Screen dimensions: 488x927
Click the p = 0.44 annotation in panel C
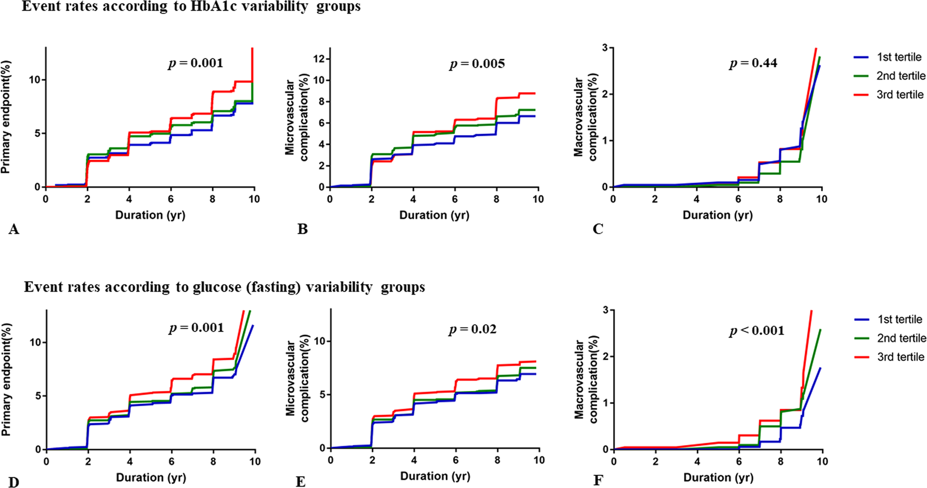click(753, 63)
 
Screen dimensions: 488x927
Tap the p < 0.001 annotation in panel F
click(757, 331)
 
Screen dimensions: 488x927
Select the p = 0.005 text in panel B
click(477, 64)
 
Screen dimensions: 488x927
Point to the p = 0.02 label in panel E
click(473, 329)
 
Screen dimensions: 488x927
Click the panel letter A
click(14, 229)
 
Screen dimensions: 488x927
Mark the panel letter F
click(598, 481)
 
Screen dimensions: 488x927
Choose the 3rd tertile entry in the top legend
click(900, 94)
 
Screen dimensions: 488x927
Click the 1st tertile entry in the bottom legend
click(900, 319)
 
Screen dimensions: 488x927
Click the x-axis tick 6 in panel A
click(171, 199)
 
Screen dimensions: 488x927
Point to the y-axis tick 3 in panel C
click(605, 47)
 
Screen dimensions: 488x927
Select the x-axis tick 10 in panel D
click(255, 462)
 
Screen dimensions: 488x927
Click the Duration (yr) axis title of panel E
click(435, 476)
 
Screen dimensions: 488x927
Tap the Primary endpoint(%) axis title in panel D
click(6, 380)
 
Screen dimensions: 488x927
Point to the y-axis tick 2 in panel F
click(605, 356)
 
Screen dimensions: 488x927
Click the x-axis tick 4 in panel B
click(413, 199)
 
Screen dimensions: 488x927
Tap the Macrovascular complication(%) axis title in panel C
click(586, 117)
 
